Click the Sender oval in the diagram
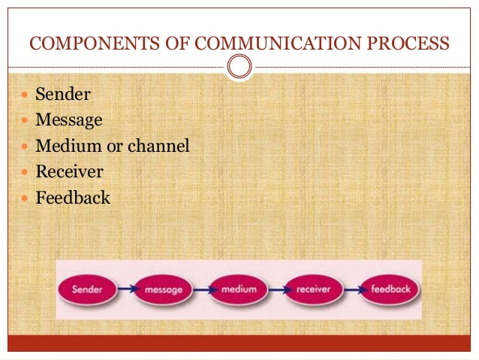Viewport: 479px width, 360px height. pos(88,289)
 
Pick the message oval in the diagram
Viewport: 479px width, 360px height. pos(163,289)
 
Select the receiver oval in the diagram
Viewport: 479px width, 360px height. pos(314,289)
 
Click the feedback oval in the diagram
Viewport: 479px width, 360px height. pos(386,289)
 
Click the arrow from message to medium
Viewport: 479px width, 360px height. pos(201,289)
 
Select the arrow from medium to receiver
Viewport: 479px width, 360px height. pos(276,289)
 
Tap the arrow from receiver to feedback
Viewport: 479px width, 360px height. pos(351,289)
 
